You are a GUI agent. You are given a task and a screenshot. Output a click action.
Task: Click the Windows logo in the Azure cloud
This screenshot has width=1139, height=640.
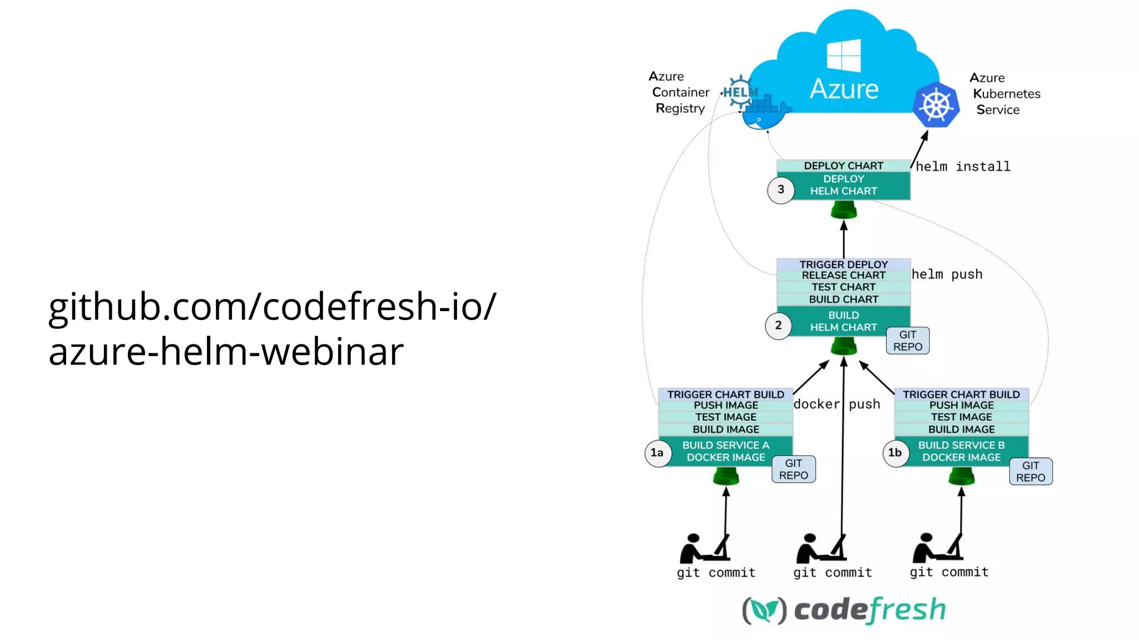point(844,55)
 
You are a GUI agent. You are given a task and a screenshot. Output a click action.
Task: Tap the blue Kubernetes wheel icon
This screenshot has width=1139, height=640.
point(936,105)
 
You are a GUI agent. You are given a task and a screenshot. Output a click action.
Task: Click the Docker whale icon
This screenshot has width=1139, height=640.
point(765,114)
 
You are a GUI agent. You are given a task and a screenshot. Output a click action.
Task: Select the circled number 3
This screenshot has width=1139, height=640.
point(781,190)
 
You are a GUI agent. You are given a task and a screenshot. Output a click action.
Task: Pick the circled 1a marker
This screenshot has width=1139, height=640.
point(657,453)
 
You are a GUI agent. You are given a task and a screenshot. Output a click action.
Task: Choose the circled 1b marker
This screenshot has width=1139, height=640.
point(895,453)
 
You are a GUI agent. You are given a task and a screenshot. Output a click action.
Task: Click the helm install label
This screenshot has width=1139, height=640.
point(963,167)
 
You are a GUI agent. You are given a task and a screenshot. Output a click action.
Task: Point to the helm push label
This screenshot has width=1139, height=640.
point(947,274)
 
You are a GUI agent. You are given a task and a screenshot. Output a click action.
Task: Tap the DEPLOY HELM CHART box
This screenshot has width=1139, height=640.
point(843,185)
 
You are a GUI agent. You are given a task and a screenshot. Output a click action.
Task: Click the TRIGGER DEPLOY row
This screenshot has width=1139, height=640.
point(843,264)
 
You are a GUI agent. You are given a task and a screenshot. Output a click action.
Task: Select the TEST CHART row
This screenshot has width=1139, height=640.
point(843,287)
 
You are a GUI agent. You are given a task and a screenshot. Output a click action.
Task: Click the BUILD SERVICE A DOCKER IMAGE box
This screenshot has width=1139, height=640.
point(726,451)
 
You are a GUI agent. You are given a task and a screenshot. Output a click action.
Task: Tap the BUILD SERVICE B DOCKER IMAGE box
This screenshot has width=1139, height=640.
point(961,451)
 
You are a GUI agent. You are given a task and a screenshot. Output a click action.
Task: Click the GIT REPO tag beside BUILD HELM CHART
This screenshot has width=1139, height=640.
point(907,341)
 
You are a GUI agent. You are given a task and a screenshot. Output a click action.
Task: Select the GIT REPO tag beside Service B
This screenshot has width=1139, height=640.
point(1030,472)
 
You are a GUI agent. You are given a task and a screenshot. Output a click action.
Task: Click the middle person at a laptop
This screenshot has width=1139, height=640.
point(821,548)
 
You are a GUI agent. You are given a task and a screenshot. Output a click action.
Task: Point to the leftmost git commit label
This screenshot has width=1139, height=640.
point(716,573)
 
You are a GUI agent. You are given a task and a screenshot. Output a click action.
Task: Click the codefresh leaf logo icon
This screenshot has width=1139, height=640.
point(764,611)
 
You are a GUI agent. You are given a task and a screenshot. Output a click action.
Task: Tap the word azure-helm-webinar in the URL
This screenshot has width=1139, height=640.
point(226,352)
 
